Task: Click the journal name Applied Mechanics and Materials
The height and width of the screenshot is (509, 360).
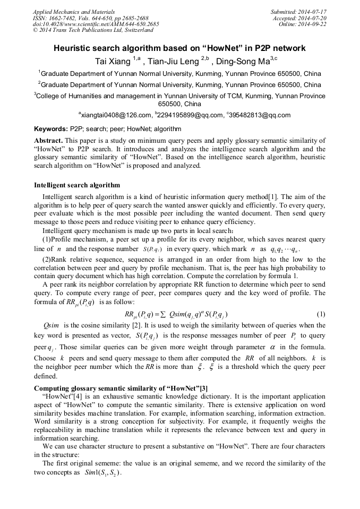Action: pyautogui.click(x=74, y=11)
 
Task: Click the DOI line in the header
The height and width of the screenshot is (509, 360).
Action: pyautogui.click(x=95, y=24)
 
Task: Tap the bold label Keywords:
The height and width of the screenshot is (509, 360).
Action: pyautogui.click(x=51, y=129)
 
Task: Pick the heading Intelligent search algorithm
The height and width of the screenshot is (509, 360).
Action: pyautogui.click(x=77, y=185)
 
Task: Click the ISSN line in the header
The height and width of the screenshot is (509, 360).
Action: pyautogui.click(x=90, y=18)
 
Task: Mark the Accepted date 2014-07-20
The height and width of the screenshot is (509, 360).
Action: pyautogui.click(x=311, y=18)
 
